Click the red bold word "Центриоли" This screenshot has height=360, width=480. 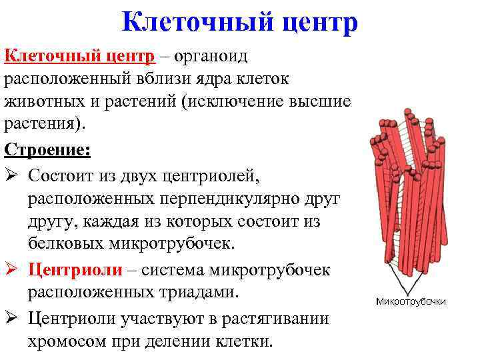click(x=75, y=270)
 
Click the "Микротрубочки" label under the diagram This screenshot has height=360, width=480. click(x=411, y=302)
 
